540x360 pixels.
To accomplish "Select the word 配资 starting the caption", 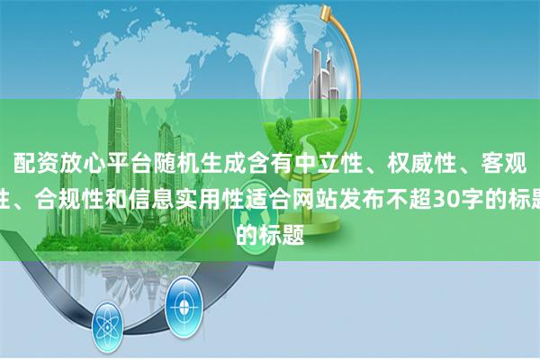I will [31, 163].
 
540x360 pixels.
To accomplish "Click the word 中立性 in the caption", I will [337, 163].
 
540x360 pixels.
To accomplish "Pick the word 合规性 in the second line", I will [70, 189].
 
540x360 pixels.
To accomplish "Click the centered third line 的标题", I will [269, 214].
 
